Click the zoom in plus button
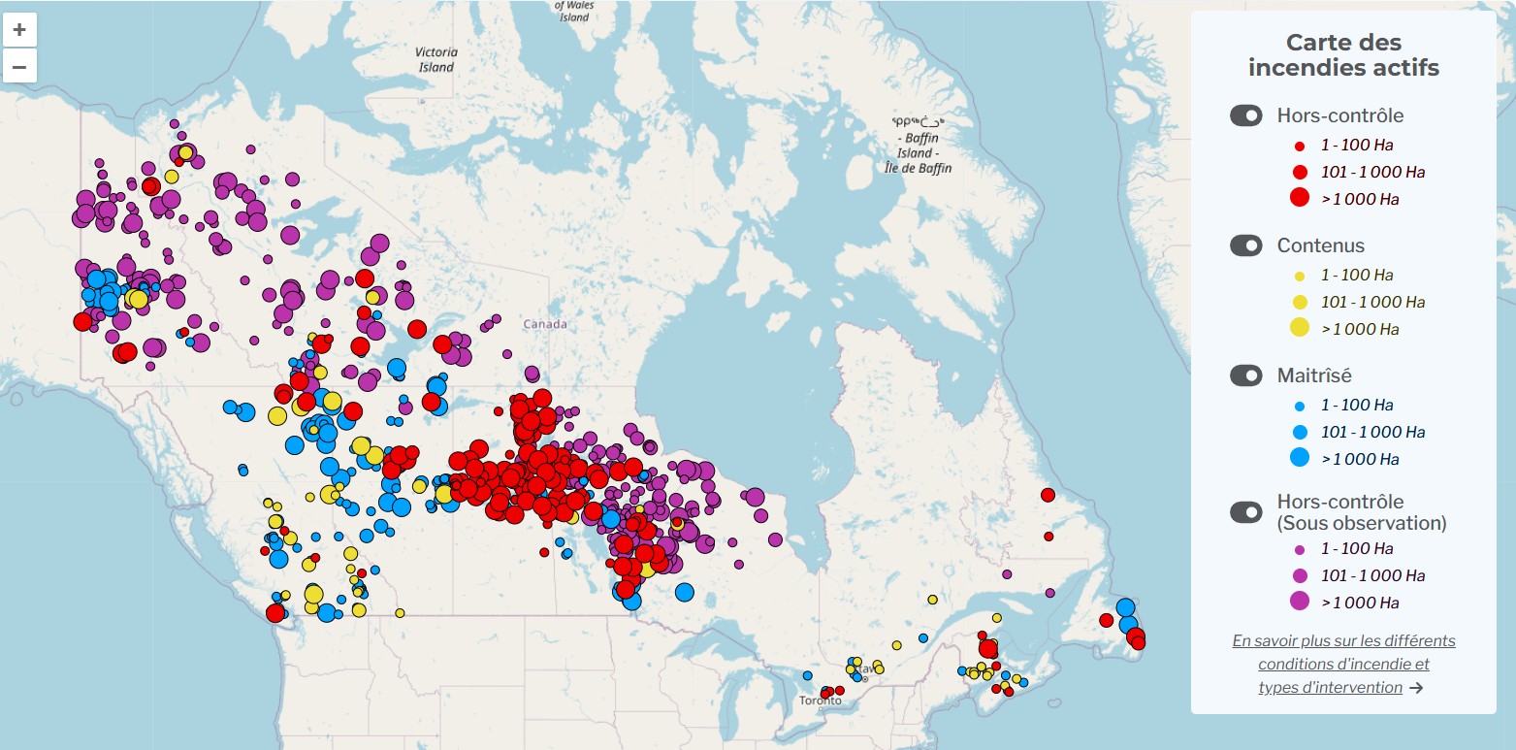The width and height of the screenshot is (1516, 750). point(19,30)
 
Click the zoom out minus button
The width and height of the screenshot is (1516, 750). point(19,67)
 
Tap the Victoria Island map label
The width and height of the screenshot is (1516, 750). point(435,59)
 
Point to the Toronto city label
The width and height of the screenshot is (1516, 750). point(821,701)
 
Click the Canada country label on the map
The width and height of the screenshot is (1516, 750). point(544,324)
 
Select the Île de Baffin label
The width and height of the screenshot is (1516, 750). point(918,168)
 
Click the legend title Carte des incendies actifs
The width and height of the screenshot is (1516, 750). point(1342,55)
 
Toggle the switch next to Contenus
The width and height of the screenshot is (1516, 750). point(1246,246)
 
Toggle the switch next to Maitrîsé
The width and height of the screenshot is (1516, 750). point(1246,375)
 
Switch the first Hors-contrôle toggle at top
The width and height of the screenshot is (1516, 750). point(1246,115)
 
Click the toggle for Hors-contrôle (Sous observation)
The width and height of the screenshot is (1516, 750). point(1246,511)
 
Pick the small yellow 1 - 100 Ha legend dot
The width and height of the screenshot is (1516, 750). point(1300,275)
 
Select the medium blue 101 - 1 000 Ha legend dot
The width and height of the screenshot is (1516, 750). point(1300,432)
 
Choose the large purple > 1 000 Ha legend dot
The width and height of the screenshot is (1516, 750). point(1300,602)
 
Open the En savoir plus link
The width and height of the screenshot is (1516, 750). point(1343,641)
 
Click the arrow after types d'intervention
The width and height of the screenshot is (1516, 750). point(1416,688)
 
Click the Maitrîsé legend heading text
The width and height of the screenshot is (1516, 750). point(1314,375)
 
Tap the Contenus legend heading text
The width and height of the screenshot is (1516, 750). point(1320,246)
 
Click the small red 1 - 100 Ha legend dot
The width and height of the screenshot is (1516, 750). point(1300,145)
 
